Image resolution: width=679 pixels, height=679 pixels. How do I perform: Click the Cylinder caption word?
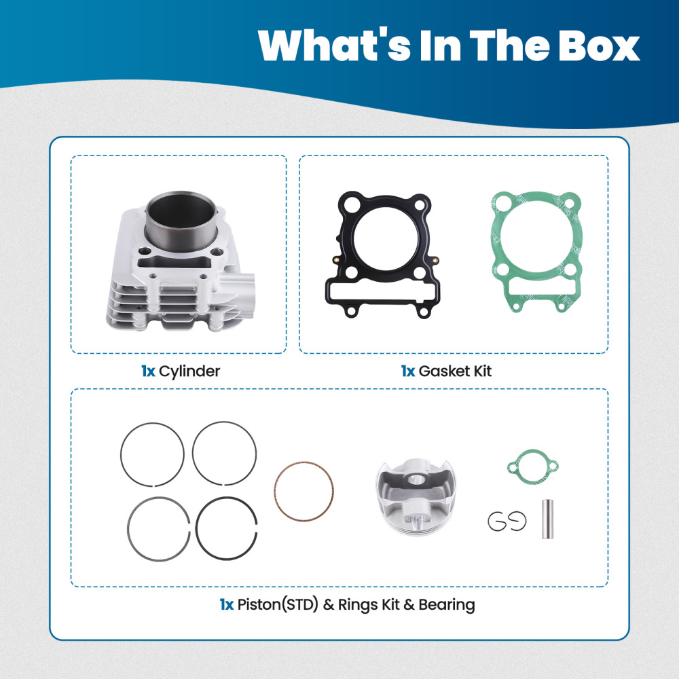click(x=189, y=371)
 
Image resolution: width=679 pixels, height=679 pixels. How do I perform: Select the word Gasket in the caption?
click(x=444, y=371)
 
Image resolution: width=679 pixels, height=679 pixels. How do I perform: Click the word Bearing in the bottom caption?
click(x=447, y=604)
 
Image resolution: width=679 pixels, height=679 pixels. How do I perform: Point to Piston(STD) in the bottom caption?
click(x=278, y=604)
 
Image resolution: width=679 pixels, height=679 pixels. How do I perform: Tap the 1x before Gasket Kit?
click(x=408, y=371)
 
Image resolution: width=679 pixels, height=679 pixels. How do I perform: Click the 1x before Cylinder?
click(x=148, y=371)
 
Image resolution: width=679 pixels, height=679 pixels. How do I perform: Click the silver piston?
click(x=416, y=497)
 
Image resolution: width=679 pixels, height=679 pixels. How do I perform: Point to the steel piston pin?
click(x=548, y=519)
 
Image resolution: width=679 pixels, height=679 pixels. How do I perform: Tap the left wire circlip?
click(x=490, y=521)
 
